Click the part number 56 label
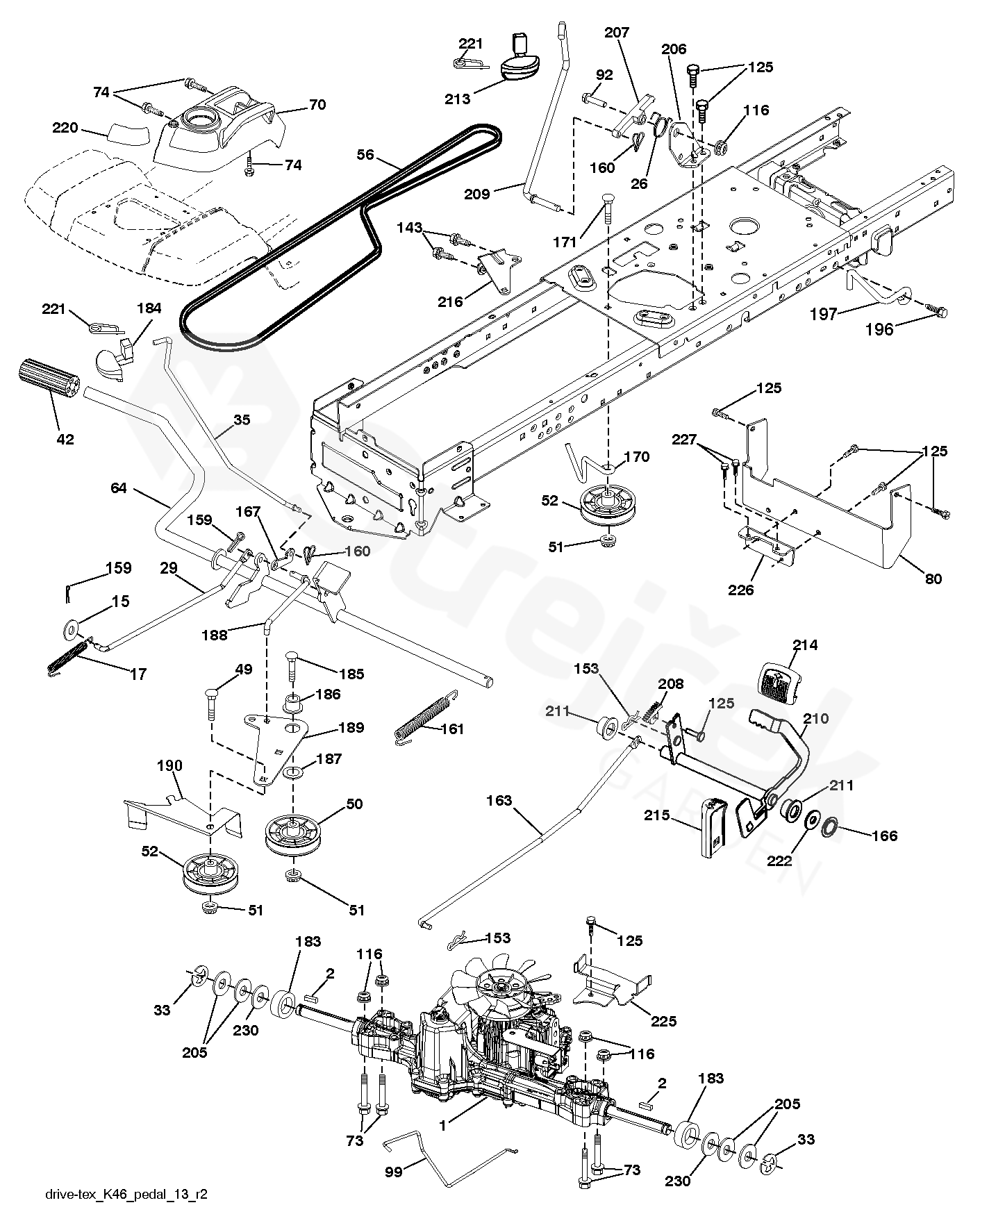click(x=365, y=155)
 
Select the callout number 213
click(x=458, y=99)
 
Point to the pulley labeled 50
click(x=294, y=838)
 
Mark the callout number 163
click(x=499, y=801)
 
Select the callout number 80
click(x=934, y=578)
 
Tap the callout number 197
click(x=824, y=314)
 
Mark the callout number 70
click(x=317, y=105)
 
